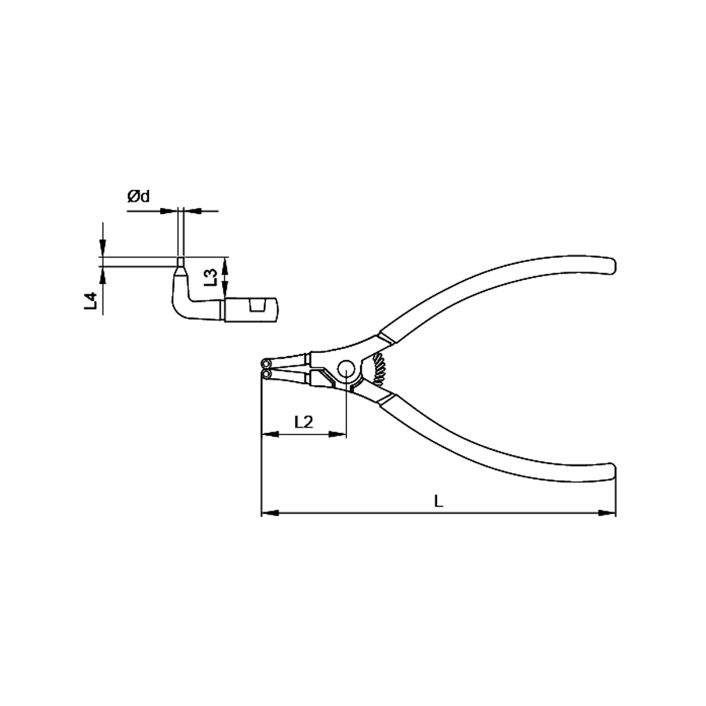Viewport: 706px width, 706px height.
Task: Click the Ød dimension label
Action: (139, 196)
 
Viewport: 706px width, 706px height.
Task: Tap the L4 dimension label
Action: (91, 300)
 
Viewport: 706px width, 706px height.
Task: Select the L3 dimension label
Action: (211, 278)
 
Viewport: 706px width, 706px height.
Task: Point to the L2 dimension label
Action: (304, 422)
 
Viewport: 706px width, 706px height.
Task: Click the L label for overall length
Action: (438, 500)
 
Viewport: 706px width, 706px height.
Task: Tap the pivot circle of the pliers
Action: (347, 369)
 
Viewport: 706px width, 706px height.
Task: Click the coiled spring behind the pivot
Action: (379, 369)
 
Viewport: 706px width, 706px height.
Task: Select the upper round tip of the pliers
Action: (267, 363)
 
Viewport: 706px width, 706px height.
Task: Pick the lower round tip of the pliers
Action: (267, 373)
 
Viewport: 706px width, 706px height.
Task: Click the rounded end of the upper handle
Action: (610, 266)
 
